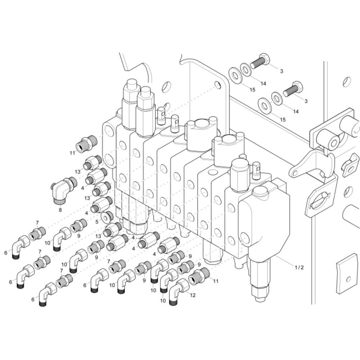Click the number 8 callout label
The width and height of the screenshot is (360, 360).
click(60, 210)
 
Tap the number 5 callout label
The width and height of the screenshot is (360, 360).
click(96, 222)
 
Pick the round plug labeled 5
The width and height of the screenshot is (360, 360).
click(107, 216)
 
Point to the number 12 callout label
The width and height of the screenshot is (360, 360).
click(193, 295)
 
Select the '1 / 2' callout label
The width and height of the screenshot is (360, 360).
click(299, 267)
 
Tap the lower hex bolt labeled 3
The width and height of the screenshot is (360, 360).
click(293, 89)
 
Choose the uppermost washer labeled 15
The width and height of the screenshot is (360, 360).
click(235, 76)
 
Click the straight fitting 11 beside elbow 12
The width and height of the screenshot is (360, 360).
click(199, 275)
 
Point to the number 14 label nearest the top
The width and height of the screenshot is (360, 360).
click(263, 84)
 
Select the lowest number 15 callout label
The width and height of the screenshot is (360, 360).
click(283, 120)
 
